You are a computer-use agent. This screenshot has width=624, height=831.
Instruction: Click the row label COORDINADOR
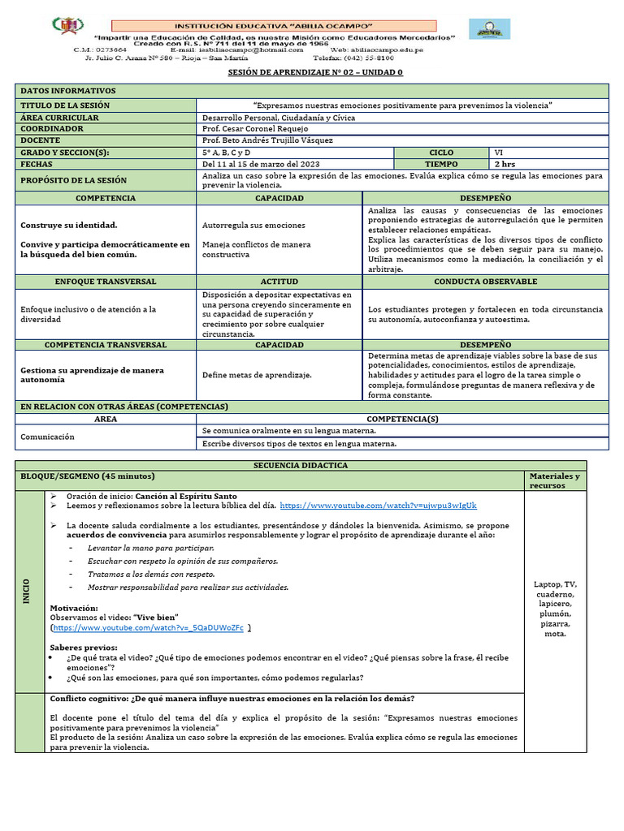52,129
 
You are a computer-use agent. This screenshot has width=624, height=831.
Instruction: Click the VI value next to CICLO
499,152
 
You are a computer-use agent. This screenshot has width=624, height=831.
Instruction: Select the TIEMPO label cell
441,163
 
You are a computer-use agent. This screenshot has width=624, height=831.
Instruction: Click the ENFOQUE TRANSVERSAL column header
106,282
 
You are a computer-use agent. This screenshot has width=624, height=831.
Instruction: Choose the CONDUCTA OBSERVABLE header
485,282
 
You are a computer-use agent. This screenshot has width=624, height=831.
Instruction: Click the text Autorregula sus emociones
253,225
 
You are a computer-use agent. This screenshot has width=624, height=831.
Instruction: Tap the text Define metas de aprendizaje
258,375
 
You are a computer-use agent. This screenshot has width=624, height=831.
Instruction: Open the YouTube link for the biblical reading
378,505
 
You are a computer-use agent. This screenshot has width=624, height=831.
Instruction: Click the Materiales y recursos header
554,480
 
